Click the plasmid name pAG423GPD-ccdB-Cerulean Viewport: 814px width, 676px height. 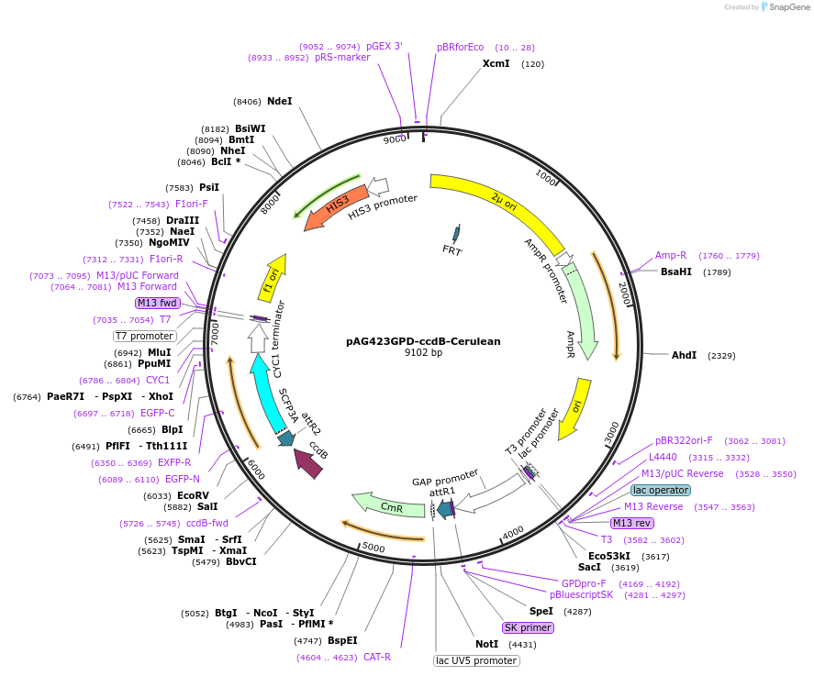tap(423, 341)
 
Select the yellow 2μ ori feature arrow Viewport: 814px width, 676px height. tap(496, 203)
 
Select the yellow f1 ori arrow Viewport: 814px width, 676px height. tap(273, 280)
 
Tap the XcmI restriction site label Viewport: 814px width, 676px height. tap(496, 64)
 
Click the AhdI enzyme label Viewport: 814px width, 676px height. tap(684, 355)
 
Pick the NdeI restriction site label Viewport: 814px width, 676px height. tap(279, 101)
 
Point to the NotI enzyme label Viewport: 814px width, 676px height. tap(486, 644)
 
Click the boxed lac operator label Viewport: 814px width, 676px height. tap(661, 490)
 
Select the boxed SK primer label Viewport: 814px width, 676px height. tap(528, 627)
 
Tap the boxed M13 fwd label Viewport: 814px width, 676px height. tap(158, 303)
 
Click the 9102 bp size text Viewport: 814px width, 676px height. tap(423, 353)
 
